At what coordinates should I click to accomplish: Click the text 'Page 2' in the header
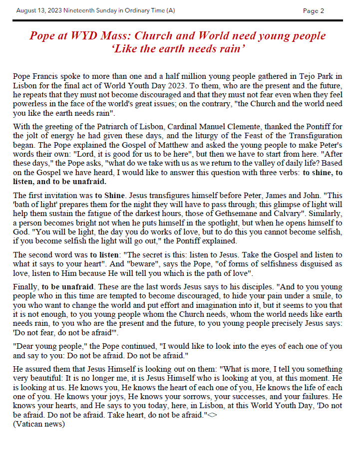[314, 10]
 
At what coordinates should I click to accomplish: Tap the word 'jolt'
[30, 135]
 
